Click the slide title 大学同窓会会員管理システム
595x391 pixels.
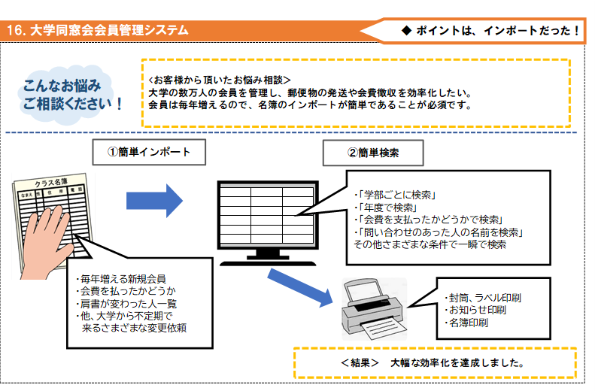click(x=105, y=31)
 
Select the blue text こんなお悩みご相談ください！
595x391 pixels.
click(x=71, y=92)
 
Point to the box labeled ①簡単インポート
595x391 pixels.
click(x=147, y=151)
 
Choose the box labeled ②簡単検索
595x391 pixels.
click(x=373, y=152)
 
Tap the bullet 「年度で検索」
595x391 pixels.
click(x=385, y=207)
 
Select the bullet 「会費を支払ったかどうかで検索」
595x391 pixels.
click(x=429, y=220)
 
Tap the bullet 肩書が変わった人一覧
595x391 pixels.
click(x=123, y=302)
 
